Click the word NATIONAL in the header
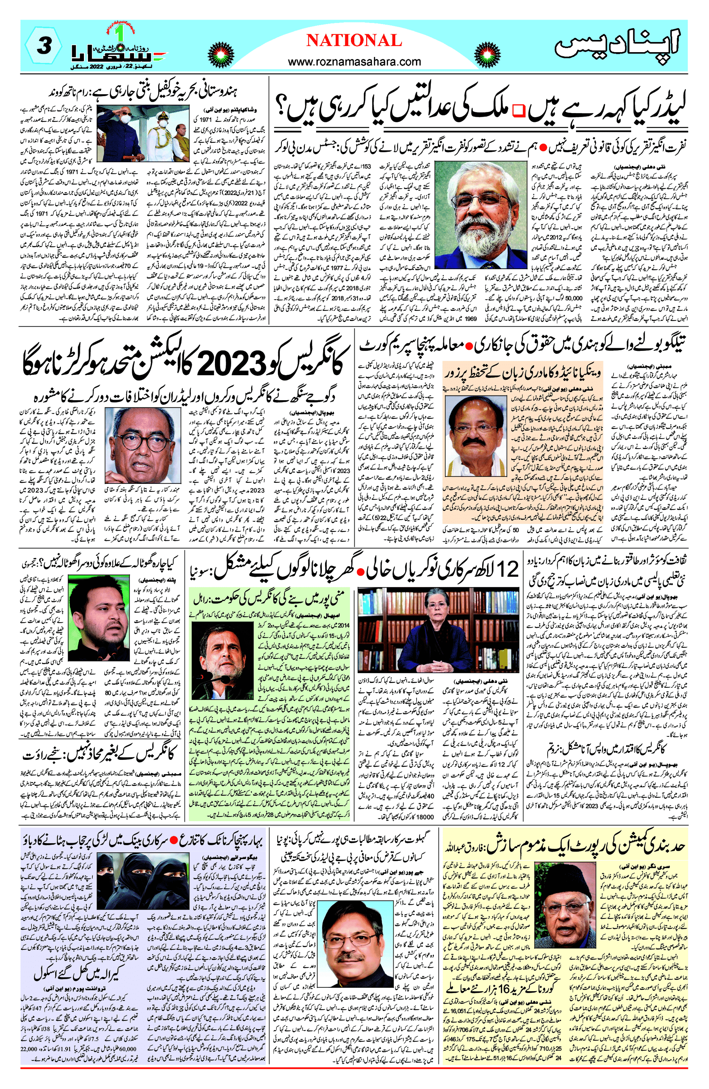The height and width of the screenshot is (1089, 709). coord(354,40)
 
